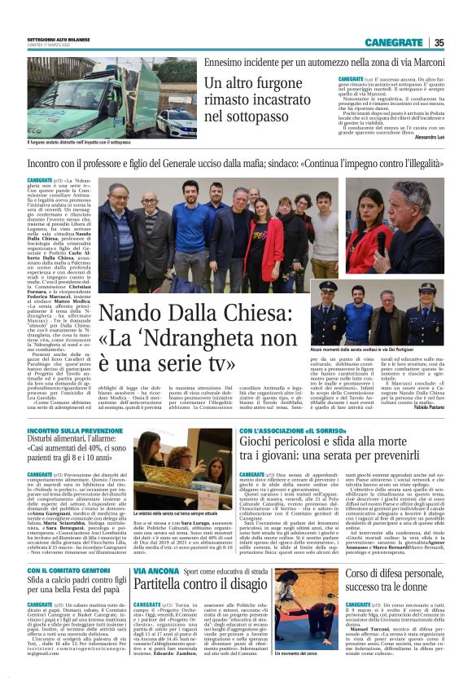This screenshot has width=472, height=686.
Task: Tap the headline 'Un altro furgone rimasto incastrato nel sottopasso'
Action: [x=261, y=102]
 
